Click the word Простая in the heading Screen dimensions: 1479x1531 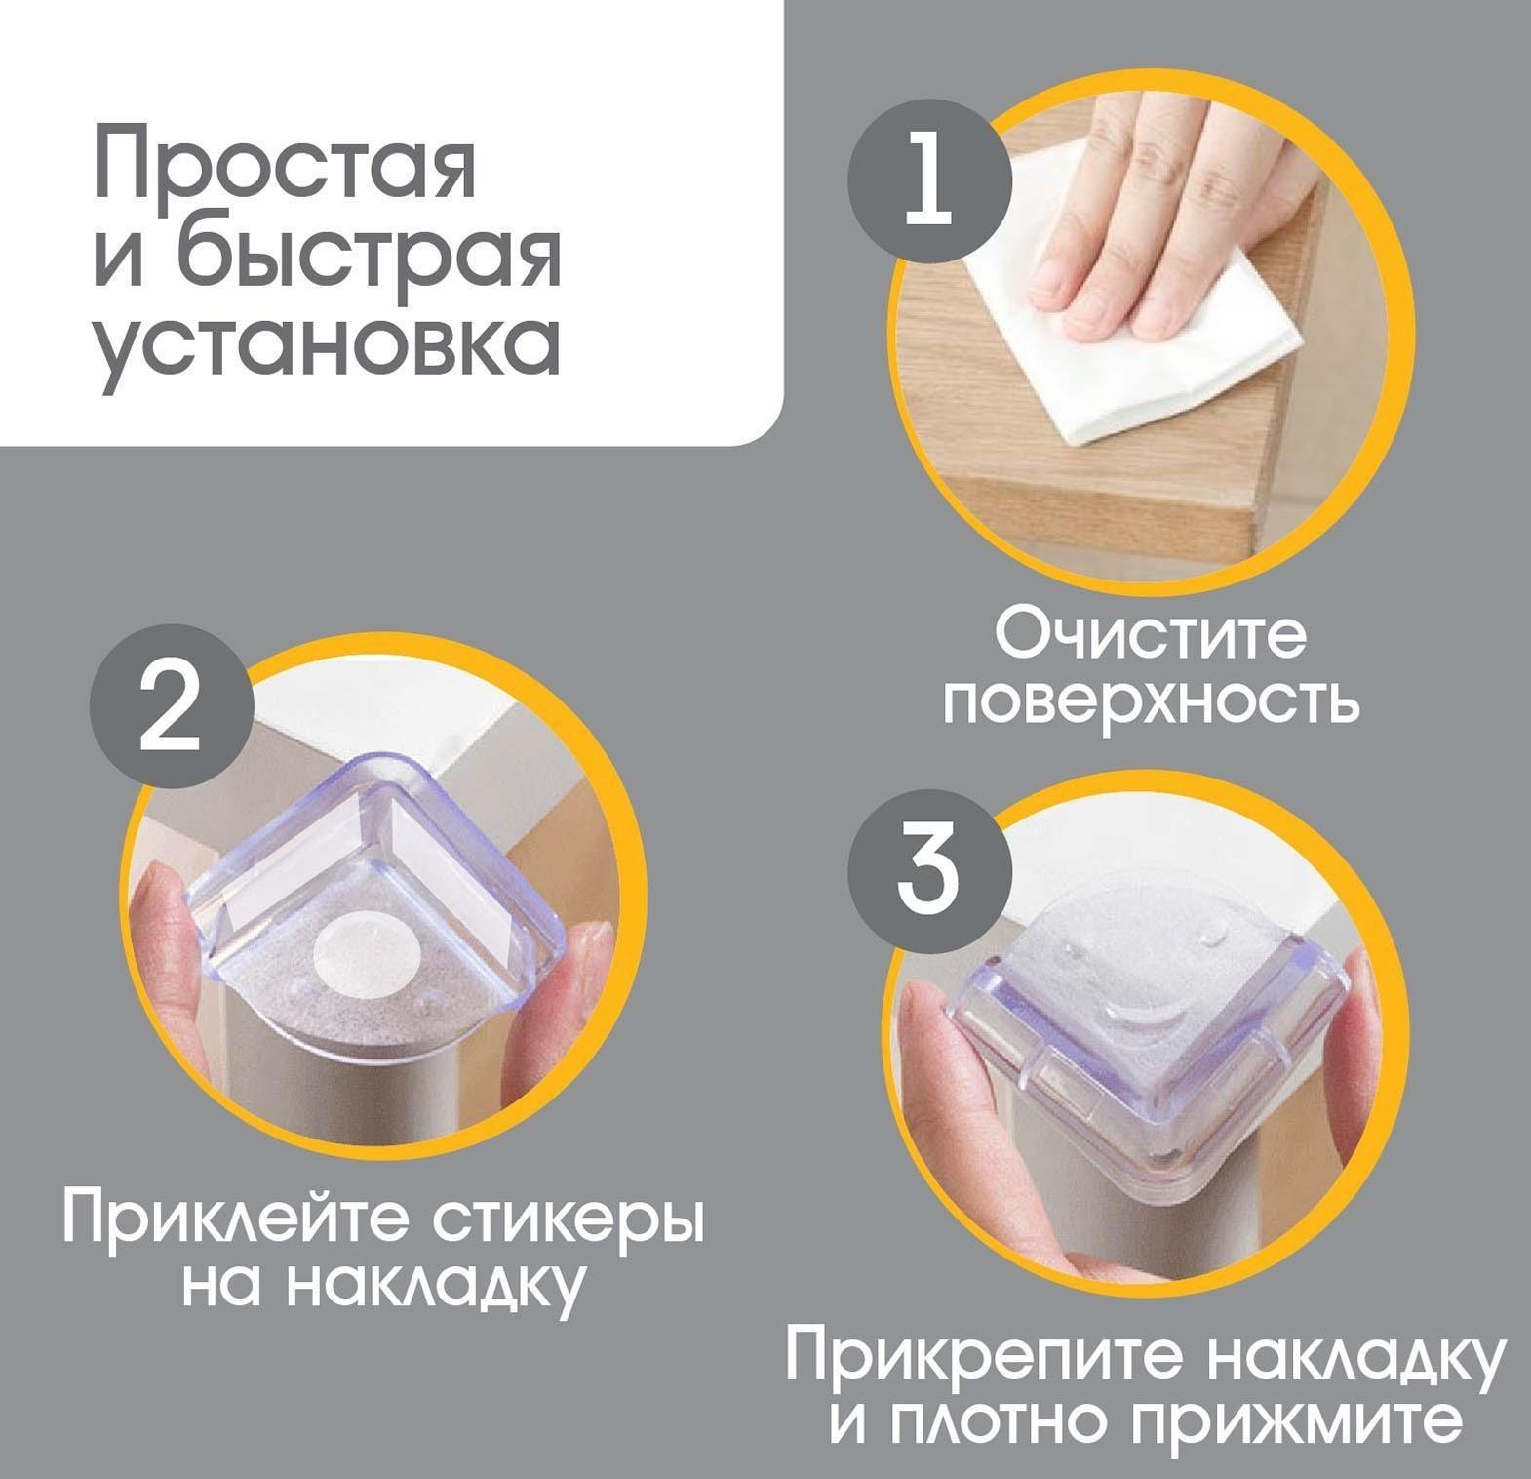285,168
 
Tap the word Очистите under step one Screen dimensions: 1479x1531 1151,637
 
